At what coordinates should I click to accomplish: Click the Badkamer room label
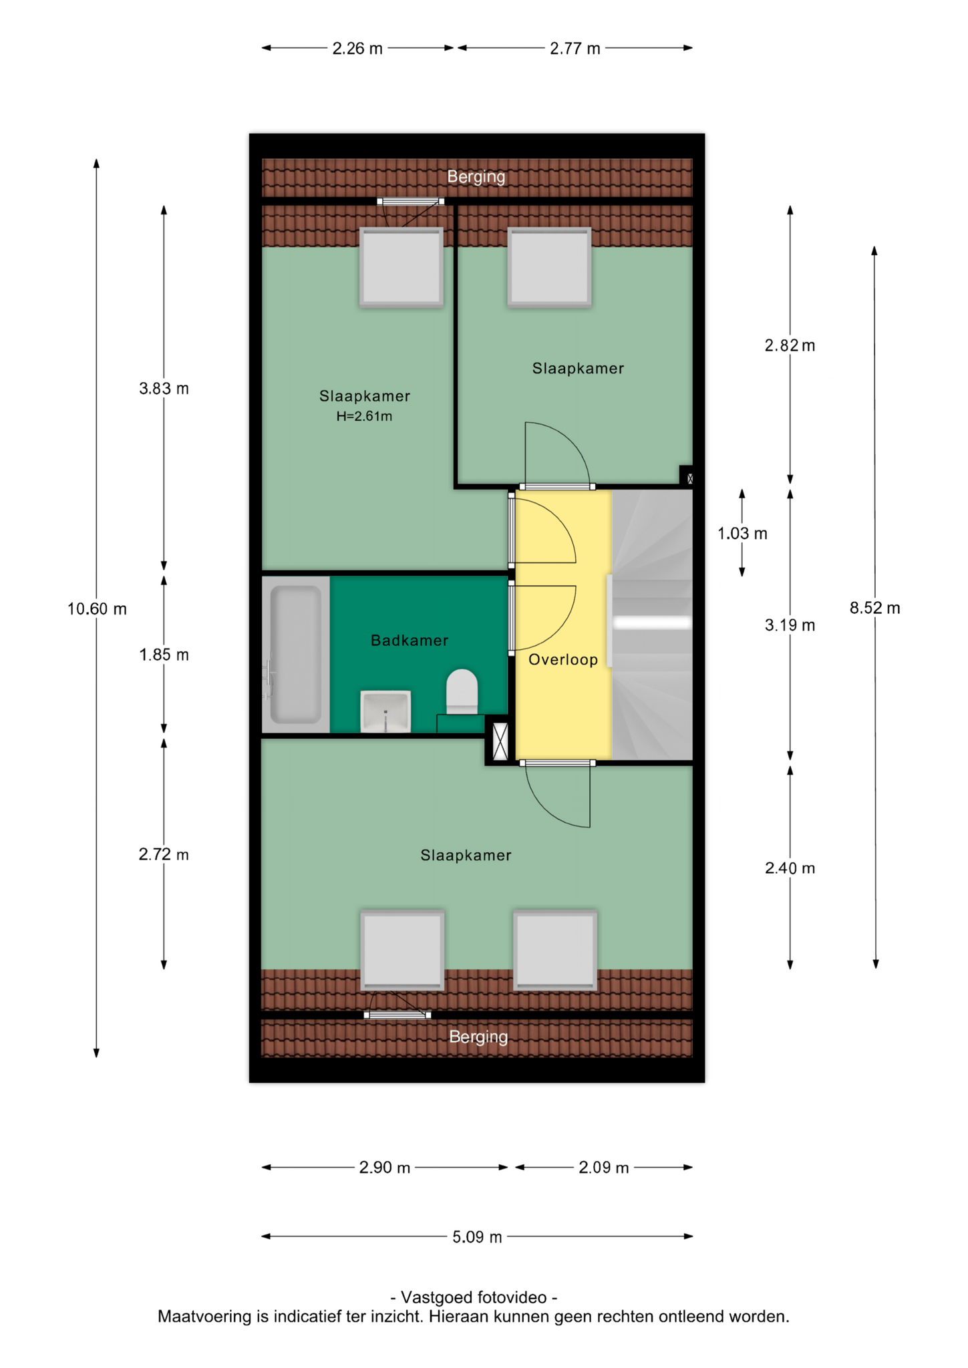(409, 641)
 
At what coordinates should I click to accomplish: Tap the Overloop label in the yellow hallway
(562, 660)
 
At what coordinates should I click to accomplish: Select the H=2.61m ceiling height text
(364, 416)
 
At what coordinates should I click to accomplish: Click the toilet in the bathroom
(462, 691)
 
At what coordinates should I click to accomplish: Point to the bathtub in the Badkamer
(295, 655)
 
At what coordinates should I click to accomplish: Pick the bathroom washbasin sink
(385, 711)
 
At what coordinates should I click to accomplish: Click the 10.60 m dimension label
(97, 609)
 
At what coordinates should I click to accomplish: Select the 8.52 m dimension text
(874, 608)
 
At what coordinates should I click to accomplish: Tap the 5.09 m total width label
(477, 1237)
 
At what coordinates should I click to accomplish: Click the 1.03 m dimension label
(742, 534)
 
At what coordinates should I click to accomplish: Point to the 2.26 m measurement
(357, 49)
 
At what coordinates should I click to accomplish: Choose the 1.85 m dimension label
(164, 655)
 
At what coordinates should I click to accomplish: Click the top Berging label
(476, 177)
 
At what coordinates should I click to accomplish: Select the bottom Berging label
(478, 1037)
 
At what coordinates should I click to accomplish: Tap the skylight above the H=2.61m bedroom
(401, 267)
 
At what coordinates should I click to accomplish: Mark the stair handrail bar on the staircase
(652, 623)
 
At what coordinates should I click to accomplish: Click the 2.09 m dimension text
(604, 1168)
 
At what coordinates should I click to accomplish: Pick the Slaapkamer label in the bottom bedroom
(466, 856)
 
